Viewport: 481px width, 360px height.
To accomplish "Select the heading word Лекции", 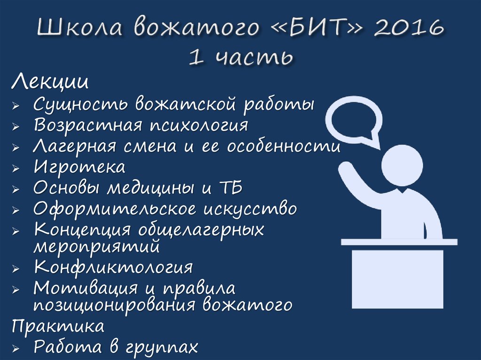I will [x=50, y=83].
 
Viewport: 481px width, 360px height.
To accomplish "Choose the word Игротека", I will [x=79, y=167].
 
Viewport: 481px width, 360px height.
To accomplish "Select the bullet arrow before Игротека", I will [x=16, y=168].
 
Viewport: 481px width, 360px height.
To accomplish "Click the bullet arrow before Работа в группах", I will [x=16, y=348].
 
